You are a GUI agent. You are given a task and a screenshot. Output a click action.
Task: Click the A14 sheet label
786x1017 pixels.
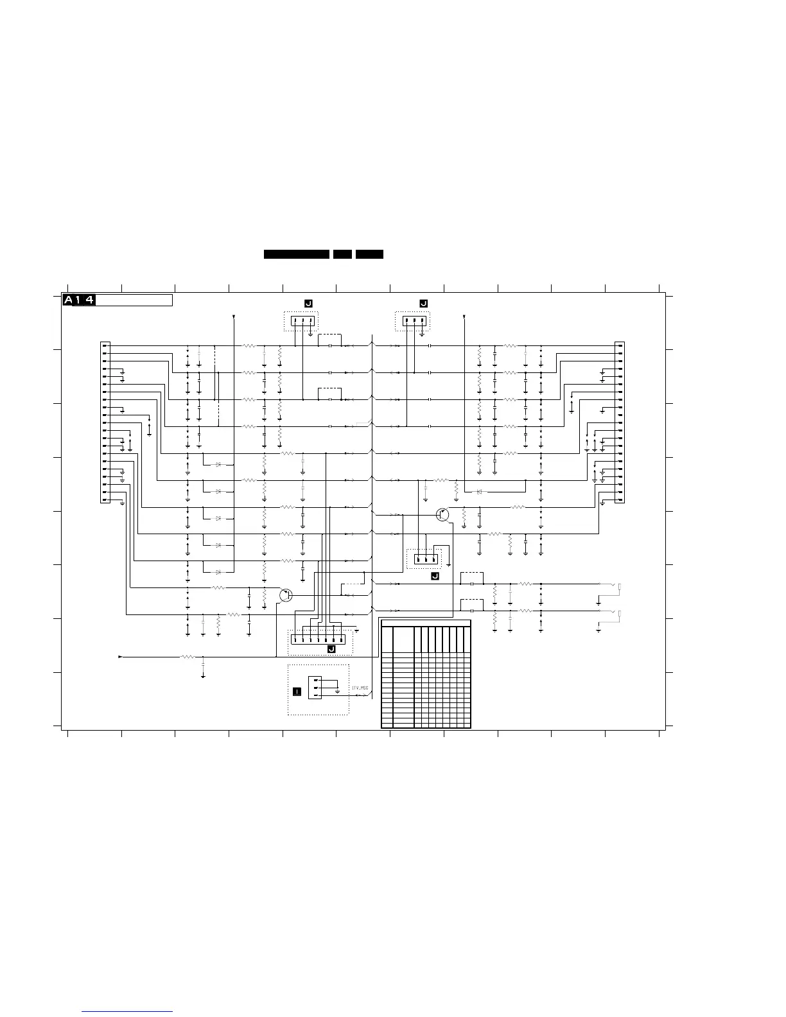pos(79,300)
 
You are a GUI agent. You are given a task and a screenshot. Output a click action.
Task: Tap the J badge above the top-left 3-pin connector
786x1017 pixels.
pos(308,303)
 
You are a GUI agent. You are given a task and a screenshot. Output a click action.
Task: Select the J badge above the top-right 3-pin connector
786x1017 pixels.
pos(423,303)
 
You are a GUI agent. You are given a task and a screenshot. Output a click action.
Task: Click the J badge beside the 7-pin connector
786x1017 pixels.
pos(331,650)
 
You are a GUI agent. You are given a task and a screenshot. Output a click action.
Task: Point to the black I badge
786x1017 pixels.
pos(297,691)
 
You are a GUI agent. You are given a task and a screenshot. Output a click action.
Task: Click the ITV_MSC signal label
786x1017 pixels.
pos(360,688)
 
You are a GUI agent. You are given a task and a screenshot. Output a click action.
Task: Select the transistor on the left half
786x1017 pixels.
pos(286,595)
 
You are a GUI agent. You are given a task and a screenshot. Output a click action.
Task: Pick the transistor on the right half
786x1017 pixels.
pos(442,514)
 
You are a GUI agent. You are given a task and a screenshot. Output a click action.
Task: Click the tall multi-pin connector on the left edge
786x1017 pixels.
pos(105,422)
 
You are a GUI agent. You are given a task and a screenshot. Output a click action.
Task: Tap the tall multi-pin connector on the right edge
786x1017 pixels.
pos(620,422)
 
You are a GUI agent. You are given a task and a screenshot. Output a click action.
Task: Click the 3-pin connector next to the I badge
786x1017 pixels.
pos(315,688)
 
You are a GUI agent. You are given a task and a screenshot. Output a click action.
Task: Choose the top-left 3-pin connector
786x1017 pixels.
pos(302,321)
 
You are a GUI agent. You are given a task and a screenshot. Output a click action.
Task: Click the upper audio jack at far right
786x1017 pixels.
pos(619,587)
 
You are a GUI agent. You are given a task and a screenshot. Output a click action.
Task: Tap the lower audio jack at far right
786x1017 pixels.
pos(619,614)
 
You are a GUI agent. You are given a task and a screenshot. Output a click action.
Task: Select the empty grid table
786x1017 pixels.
pos(426,674)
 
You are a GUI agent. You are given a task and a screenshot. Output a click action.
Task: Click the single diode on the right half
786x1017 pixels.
pos(479,492)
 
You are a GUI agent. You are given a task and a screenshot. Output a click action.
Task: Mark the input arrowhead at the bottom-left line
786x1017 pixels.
pos(120,657)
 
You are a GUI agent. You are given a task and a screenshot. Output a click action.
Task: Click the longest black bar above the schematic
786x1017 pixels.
pos(297,254)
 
